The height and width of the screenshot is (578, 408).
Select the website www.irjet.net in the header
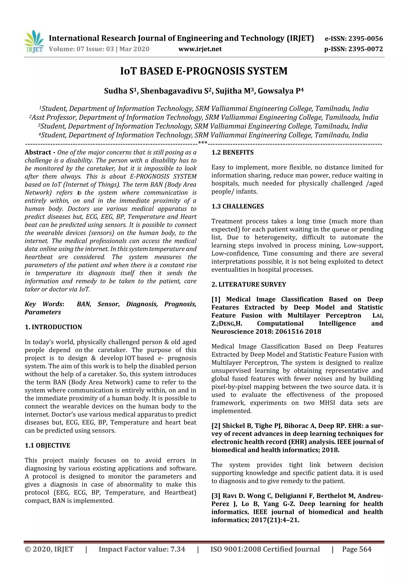[200, 49]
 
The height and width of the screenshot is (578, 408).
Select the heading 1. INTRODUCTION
[53, 327]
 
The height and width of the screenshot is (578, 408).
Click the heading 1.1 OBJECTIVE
[47, 445]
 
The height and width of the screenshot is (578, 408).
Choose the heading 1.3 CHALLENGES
[237, 206]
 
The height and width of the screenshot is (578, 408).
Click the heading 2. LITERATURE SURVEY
[249, 285]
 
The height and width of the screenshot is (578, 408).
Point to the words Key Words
[43, 304]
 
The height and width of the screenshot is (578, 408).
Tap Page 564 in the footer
[356, 549]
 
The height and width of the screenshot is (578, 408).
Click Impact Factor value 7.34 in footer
[142, 549]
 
